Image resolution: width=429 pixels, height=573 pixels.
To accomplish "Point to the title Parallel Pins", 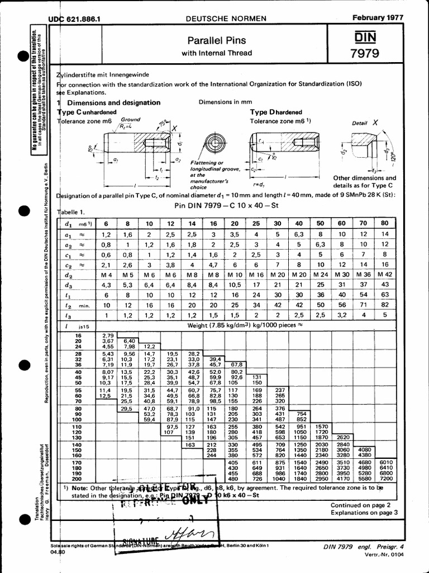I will tap(217, 41).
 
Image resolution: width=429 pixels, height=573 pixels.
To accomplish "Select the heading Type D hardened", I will tap(275, 112).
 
